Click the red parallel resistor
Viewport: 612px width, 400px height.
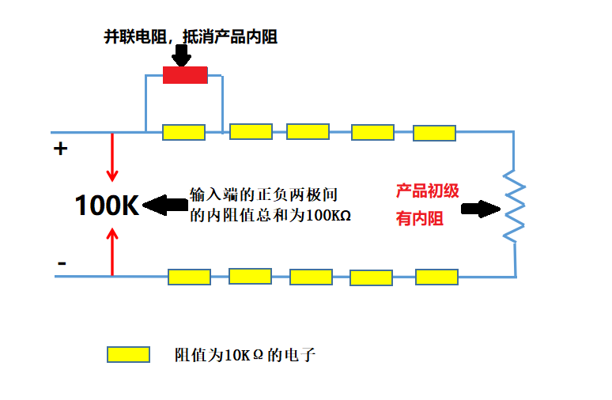click(x=185, y=75)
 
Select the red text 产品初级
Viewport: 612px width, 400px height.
click(x=428, y=191)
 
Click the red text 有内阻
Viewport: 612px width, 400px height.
click(x=420, y=219)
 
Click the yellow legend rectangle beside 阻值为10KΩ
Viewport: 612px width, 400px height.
click(x=128, y=355)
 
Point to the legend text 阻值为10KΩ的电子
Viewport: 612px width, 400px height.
click(x=245, y=356)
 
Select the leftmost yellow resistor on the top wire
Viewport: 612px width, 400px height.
click(x=183, y=132)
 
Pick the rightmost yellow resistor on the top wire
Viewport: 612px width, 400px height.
click(x=435, y=133)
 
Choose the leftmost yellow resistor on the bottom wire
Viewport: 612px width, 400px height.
click(x=189, y=277)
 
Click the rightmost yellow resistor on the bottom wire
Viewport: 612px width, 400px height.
click(x=436, y=277)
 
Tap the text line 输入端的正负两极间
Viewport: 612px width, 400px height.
click(x=268, y=194)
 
